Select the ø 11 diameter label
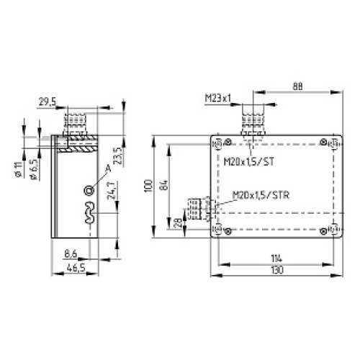[x=17, y=171]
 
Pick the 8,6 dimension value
[x=70, y=254]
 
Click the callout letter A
[x=108, y=168]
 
